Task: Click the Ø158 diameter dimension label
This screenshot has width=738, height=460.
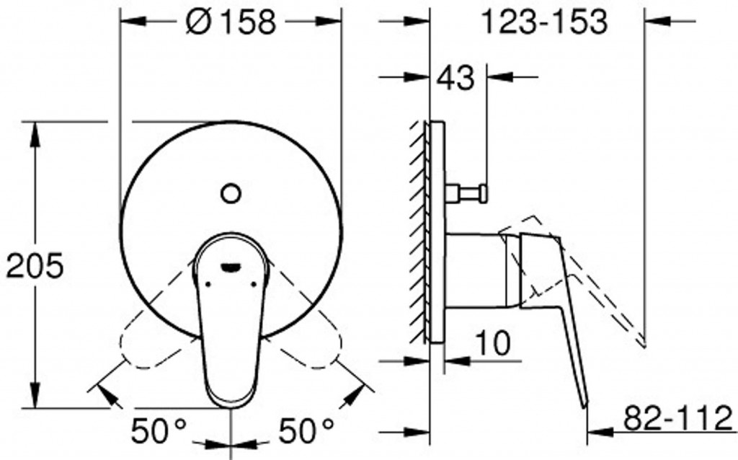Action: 231,22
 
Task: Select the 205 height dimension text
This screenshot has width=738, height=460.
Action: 35,265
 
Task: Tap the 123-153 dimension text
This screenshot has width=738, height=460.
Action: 545,22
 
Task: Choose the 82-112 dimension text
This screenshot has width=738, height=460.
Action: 678,418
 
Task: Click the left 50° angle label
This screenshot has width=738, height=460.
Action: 159,430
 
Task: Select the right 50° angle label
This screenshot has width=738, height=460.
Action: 306,430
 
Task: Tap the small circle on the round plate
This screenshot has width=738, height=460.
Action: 231,193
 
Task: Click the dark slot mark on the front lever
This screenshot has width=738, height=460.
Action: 230,267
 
